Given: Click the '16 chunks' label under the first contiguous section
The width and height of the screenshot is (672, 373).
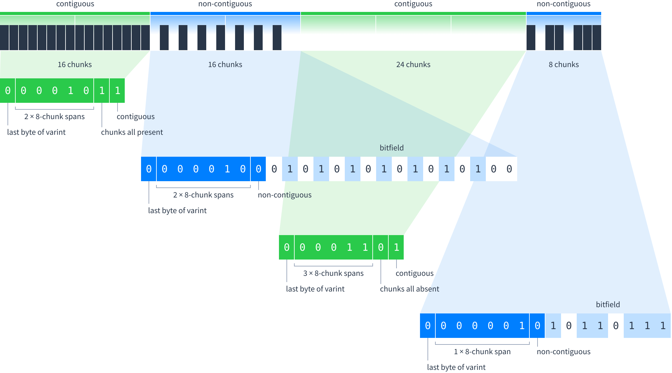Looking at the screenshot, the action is [x=75, y=65].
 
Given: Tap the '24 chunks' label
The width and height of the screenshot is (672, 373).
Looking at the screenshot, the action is [x=413, y=65].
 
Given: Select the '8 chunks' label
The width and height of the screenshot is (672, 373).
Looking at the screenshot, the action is [x=564, y=65].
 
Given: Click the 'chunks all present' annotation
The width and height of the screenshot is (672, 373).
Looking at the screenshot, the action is [x=132, y=132].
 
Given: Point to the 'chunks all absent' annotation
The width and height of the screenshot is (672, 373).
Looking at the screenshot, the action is [x=409, y=289].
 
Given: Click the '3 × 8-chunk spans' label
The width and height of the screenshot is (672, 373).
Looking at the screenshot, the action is [x=333, y=273].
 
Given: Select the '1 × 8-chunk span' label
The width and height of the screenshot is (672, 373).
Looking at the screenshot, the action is [x=482, y=352].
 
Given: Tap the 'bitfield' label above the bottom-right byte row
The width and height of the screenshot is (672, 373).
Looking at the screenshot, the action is [x=608, y=305].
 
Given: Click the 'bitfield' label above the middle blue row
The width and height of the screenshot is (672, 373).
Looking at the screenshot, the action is [x=391, y=148].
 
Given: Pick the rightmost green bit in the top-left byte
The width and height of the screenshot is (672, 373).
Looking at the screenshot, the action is [x=118, y=91].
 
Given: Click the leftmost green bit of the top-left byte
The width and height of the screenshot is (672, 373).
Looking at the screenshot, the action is [x=8, y=91].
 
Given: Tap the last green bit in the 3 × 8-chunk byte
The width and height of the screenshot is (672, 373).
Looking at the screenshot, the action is [x=396, y=247].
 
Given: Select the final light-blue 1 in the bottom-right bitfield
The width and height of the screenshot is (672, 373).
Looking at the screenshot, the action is [x=663, y=326].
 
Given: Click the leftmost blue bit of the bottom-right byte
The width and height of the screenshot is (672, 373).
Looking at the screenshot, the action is [x=428, y=326].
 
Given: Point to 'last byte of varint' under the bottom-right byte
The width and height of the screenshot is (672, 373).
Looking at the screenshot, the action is [x=456, y=367].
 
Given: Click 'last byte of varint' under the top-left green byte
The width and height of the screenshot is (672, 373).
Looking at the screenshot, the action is [x=36, y=132].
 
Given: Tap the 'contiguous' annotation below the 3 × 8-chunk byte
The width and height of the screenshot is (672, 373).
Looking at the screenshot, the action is [x=414, y=273].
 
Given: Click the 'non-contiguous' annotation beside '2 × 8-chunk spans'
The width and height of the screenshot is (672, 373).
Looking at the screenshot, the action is [x=285, y=195].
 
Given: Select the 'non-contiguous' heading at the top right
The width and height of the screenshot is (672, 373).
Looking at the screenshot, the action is [x=564, y=4].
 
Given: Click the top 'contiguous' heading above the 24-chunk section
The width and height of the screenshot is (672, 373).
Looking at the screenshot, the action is [x=413, y=4].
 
